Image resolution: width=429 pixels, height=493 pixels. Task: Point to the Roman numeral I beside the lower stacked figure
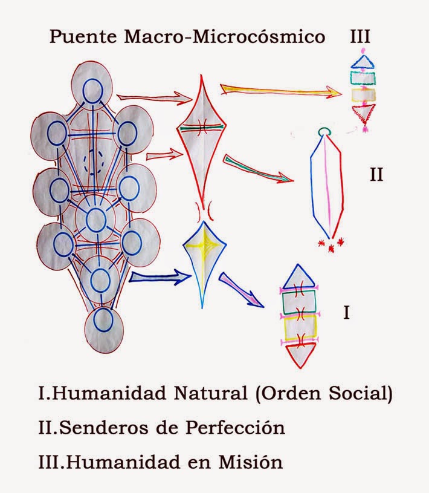click(x=346, y=313)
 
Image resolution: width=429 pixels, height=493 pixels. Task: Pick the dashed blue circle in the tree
click(x=93, y=161)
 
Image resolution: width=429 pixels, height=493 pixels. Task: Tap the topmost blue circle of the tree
click(x=92, y=91)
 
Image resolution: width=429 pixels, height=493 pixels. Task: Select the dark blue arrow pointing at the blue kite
click(x=153, y=278)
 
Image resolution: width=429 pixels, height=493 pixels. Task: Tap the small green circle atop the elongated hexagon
click(x=324, y=131)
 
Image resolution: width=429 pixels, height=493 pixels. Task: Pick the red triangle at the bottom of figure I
click(x=300, y=354)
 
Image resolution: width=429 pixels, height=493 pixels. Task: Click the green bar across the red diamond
click(x=201, y=127)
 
